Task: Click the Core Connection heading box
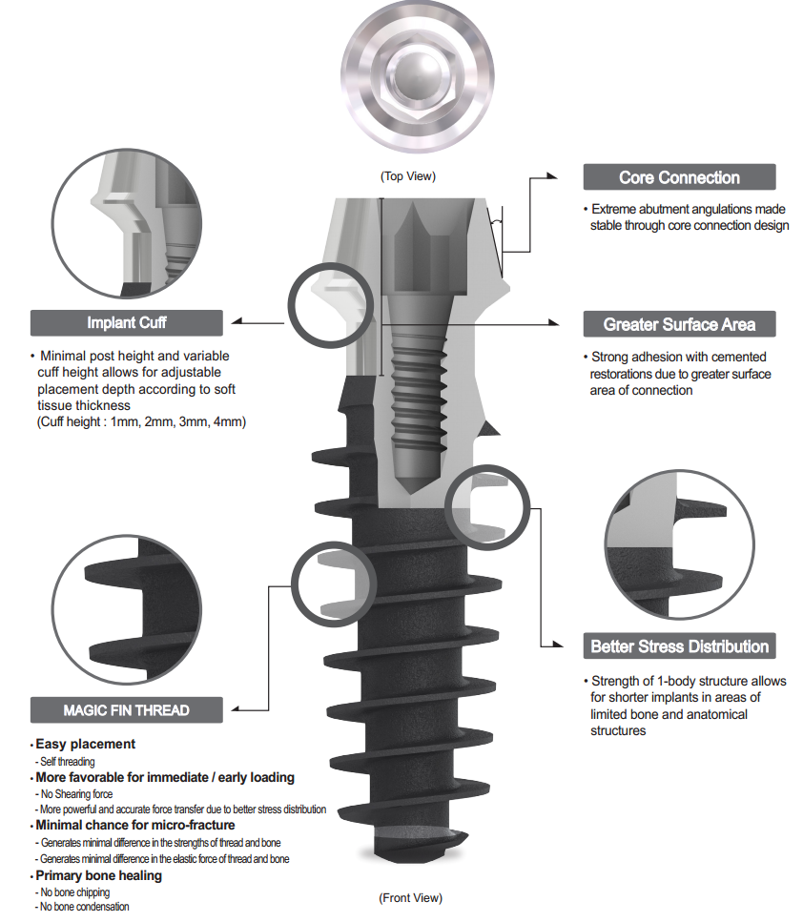(x=679, y=177)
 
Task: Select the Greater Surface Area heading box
(x=679, y=324)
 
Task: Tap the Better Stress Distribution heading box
(x=679, y=646)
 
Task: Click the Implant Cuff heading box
(x=127, y=322)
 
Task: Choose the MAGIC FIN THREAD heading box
(x=127, y=710)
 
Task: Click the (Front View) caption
(x=410, y=898)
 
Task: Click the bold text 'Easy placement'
(x=86, y=744)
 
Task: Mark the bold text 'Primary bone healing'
(x=99, y=875)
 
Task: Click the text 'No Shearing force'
(x=76, y=793)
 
